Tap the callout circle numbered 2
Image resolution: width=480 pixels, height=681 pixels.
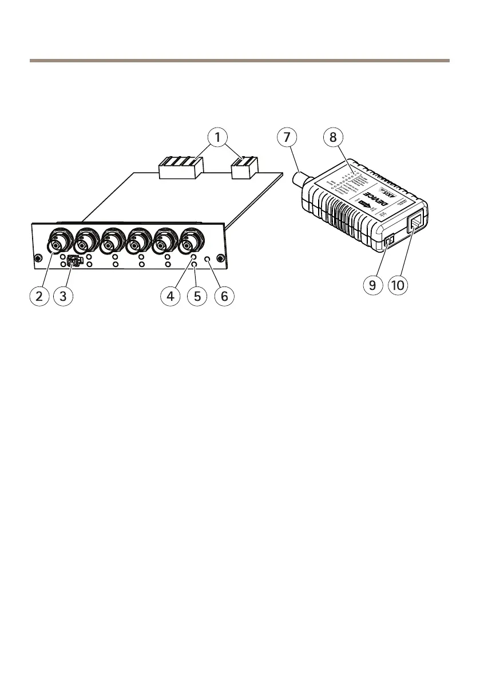(39, 296)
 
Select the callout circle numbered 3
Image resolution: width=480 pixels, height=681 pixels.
(65, 296)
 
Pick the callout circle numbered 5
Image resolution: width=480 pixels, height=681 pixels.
(196, 296)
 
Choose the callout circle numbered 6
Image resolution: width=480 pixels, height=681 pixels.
(223, 296)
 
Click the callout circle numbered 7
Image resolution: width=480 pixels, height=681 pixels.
(287, 137)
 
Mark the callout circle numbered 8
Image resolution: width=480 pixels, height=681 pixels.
(332, 137)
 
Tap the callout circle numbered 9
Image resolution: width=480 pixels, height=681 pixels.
(372, 284)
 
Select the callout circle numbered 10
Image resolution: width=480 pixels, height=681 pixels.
(399, 284)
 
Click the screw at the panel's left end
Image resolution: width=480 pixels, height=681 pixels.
(37, 257)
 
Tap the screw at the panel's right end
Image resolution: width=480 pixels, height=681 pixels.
(220, 257)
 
